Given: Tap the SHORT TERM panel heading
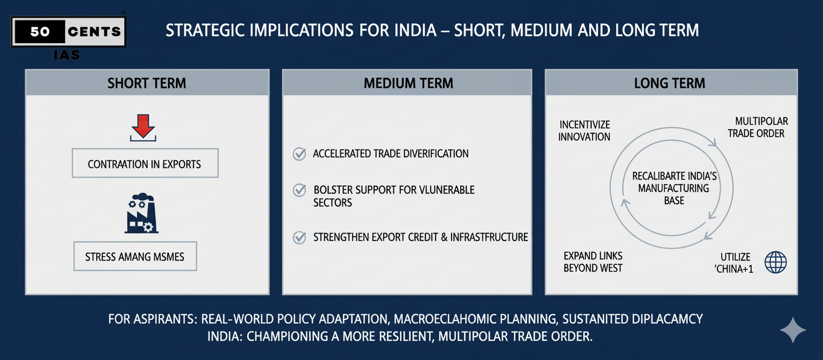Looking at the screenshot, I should (147, 84).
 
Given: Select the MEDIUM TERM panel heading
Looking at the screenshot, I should (408, 84).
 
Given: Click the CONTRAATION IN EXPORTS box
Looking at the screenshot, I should (145, 163).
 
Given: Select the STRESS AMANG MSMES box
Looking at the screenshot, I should (134, 257).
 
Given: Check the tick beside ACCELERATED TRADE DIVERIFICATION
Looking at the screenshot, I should (299, 154).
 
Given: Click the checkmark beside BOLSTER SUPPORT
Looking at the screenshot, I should (299, 190).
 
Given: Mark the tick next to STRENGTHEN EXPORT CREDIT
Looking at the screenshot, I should (299, 237).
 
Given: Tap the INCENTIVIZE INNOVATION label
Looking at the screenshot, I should (584, 131).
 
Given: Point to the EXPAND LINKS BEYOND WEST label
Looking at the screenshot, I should (593, 262).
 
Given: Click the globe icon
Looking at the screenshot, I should (775, 262).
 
